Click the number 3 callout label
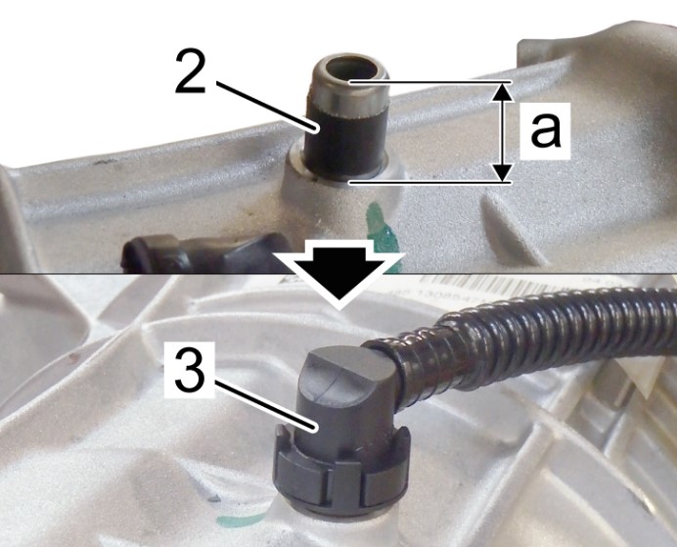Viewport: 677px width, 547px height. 190,371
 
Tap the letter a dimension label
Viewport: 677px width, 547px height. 546,130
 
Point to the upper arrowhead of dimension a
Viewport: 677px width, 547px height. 501,92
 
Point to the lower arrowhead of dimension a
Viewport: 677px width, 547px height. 501,172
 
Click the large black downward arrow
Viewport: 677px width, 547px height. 339,274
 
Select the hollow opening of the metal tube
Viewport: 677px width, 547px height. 349,69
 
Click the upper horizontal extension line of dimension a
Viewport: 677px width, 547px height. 430,81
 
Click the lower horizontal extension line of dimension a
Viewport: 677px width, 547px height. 430,183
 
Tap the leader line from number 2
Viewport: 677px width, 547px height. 265,105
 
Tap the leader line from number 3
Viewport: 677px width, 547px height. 265,404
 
